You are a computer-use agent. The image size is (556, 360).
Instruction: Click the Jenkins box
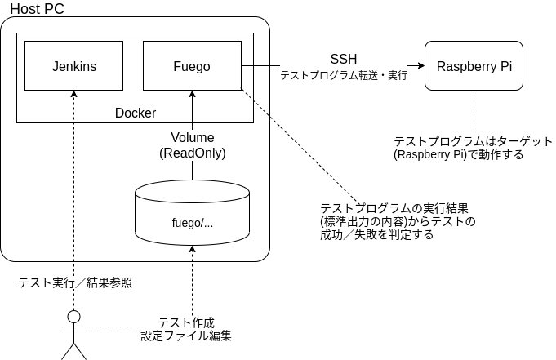click(73, 66)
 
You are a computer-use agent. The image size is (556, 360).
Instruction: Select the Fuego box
click(192, 66)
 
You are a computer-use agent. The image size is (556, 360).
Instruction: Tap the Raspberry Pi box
click(474, 66)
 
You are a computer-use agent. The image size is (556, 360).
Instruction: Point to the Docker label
click(136, 113)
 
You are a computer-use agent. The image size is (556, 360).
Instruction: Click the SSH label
click(343, 59)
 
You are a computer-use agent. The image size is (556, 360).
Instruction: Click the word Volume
click(193, 137)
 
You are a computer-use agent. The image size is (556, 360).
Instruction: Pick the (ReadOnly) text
click(193, 153)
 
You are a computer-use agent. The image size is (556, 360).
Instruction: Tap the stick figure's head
click(74, 316)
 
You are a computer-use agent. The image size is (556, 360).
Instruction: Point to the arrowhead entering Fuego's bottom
click(192, 94)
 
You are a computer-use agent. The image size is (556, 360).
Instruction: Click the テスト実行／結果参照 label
click(75, 283)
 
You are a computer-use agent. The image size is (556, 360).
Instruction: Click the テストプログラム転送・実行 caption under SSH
click(344, 75)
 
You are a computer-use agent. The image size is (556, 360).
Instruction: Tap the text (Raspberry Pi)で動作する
click(458, 153)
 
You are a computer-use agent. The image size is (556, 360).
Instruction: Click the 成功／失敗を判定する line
click(376, 234)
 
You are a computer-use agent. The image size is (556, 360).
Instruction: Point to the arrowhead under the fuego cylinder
click(192, 248)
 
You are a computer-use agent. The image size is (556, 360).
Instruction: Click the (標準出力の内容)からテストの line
click(398, 220)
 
